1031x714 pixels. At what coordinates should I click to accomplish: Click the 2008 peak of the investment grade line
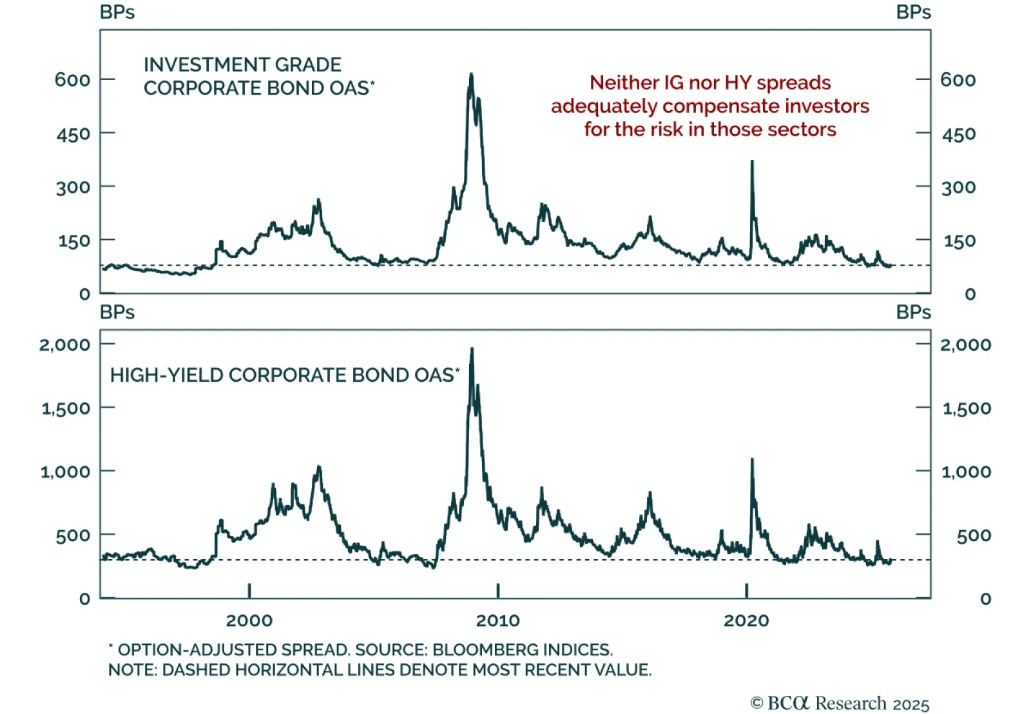point(471,75)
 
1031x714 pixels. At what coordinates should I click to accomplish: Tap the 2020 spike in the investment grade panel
point(752,162)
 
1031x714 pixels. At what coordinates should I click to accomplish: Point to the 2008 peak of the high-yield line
point(472,350)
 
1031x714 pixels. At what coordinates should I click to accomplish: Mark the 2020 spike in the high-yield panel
point(752,460)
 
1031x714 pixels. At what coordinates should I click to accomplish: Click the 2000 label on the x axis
point(249,620)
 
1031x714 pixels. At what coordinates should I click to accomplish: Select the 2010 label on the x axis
point(497,620)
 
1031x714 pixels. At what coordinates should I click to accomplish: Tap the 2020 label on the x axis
point(746,620)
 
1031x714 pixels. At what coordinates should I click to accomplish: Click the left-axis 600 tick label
point(72,80)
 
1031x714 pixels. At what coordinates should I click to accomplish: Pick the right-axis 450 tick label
point(958,134)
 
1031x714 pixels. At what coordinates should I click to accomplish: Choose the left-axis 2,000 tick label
point(64,344)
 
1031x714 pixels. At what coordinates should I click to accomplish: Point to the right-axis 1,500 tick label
point(967,408)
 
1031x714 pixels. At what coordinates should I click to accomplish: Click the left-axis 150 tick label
point(73,241)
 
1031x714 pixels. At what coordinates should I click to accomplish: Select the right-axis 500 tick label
point(974,535)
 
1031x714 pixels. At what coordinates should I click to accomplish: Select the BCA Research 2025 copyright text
point(840,703)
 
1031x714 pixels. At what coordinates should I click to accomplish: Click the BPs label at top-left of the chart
point(117,12)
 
